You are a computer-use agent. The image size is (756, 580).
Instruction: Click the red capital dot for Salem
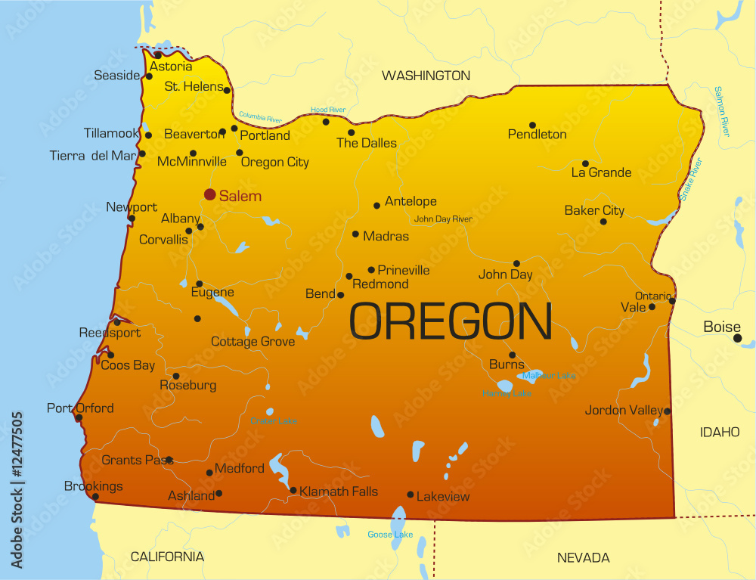(x=210, y=194)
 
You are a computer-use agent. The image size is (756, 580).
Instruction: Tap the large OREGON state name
(x=451, y=321)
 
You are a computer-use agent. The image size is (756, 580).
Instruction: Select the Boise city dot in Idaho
(x=737, y=338)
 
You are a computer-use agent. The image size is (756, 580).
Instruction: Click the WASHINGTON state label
(x=426, y=76)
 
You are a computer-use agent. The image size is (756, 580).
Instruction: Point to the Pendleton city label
(x=537, y=135)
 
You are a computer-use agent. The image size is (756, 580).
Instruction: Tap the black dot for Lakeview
(x=411, y=495)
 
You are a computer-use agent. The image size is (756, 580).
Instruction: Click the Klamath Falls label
(x=338, y=492)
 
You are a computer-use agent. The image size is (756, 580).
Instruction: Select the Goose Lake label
(x=390, y=535)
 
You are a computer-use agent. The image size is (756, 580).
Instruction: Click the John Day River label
(x=443, y=219)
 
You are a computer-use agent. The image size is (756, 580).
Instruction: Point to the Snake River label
(x=690, y=178)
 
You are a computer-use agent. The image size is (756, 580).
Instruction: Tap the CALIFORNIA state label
(x=167, y=557)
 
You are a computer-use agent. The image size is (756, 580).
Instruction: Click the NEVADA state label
(x=583, y=558)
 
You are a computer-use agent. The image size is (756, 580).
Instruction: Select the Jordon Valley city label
(x=624, y=411)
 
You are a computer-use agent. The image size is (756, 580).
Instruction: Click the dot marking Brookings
(x=95, y=497)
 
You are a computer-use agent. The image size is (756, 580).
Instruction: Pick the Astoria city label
(x=171, y=67)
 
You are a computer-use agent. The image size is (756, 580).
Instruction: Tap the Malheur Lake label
(x=549, y=375)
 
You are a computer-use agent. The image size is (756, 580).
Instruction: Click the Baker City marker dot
(x=603, y=222)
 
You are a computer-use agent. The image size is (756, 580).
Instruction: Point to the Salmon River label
(x=721, y=111)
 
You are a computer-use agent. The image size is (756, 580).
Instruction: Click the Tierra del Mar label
(x=92, y=156)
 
